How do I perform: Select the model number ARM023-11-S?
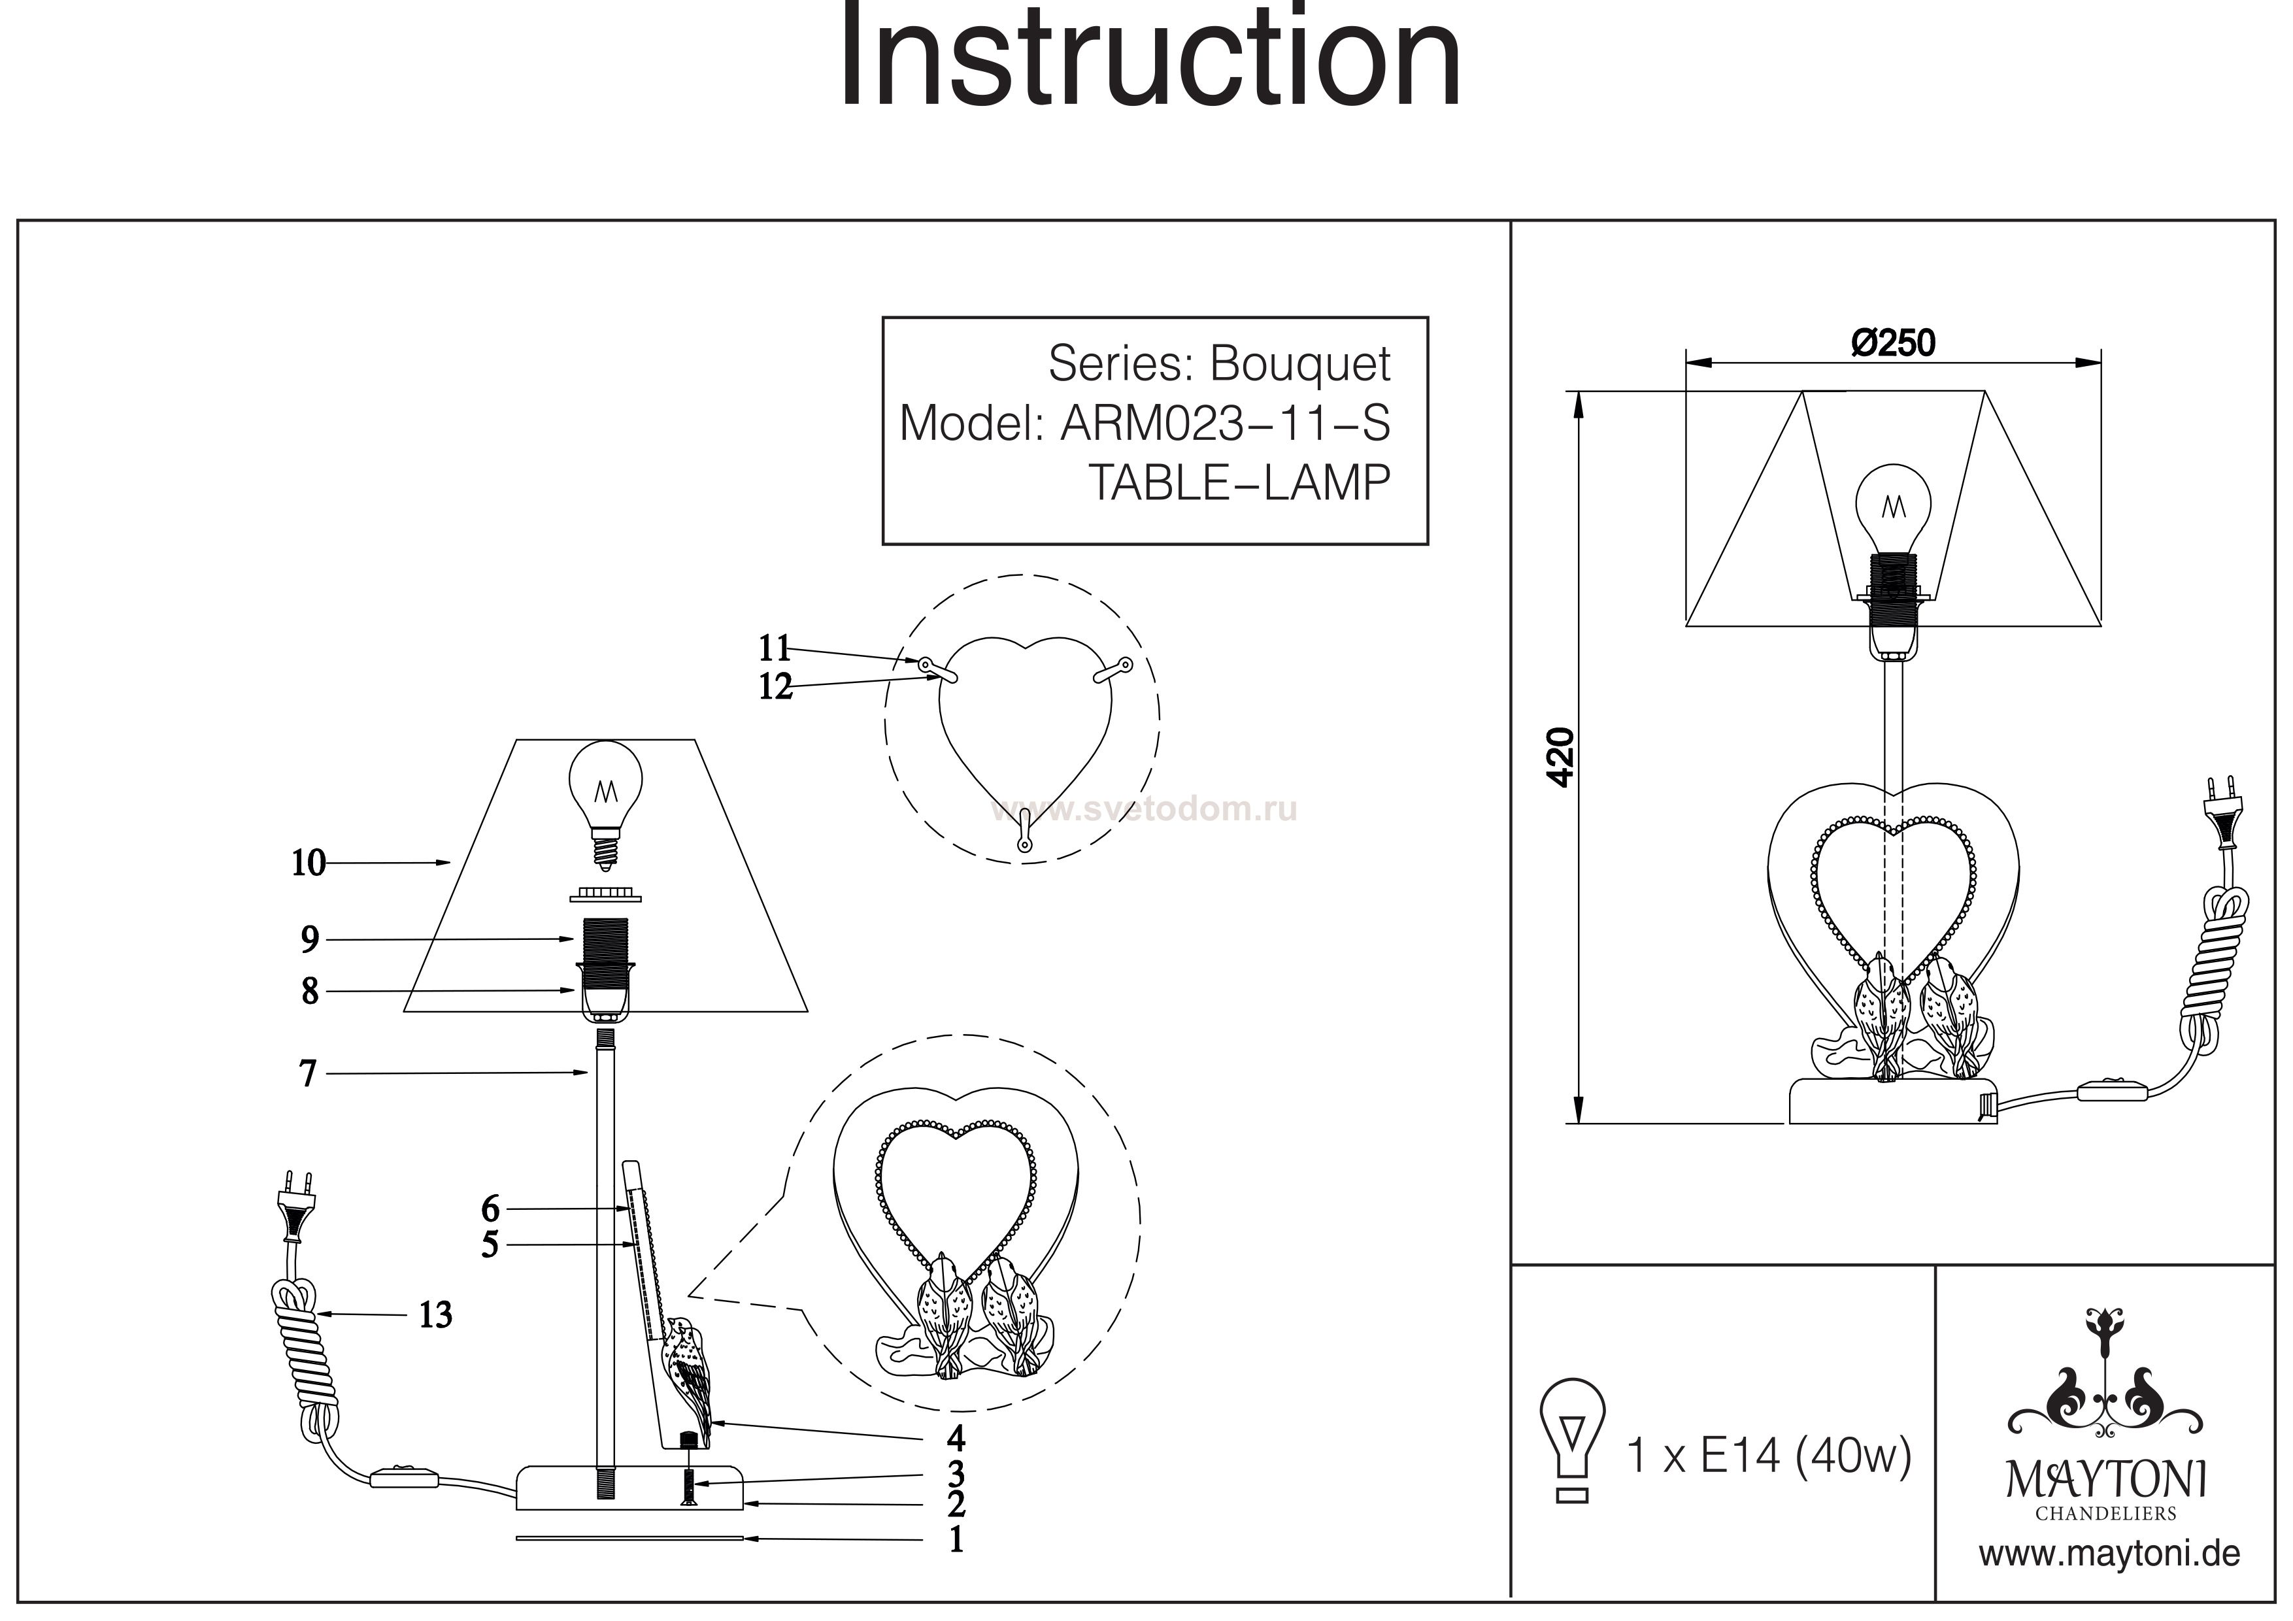pyautogui.click(x=1224, y=424)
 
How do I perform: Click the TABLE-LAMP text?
pyautogui.click(x=1239, y=484)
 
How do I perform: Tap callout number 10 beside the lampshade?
pyautogui.click(x=309, y=863)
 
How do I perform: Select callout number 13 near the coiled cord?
pyautogui.click(x=435, y=1315)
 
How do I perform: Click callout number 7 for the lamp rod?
pyautogui.click(x=308, y=1074)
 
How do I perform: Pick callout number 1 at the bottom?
pyautogui.click(x=956, y=1539)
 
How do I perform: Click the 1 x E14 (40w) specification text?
pyautogui.click(x=1769, y=1456)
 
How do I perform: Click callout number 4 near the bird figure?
pyautogui.click(x=956, y=1438)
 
